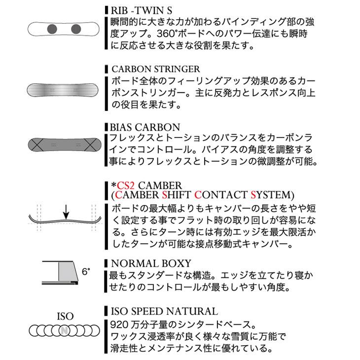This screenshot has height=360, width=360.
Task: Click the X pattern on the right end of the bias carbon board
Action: (x=90, y=145)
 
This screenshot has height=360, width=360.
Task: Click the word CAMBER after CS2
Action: (x=160, y=185)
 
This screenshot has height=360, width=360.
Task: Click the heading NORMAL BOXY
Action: (x=151, y=263)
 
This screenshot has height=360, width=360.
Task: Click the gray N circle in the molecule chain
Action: (x=65, y=330)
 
